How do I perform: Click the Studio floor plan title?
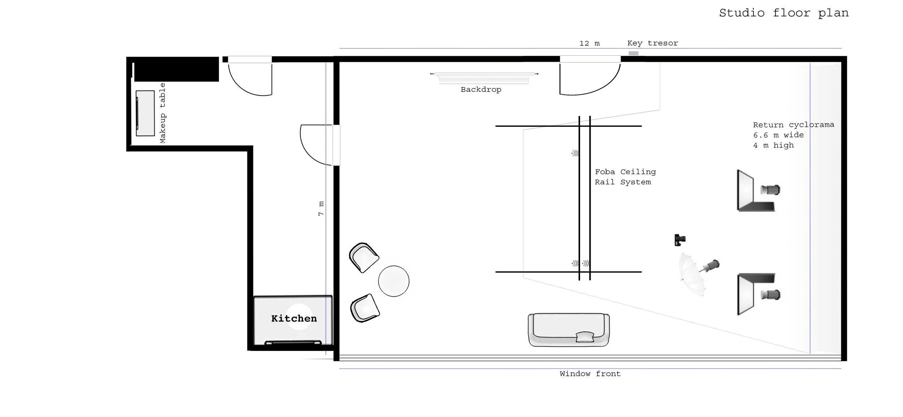click(x=784, y=13)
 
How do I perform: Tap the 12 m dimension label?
click(x=589, y=43)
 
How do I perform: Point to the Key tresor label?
click(x=653, y=43)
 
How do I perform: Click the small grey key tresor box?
click(x=634, y=53)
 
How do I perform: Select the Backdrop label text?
click(x=481, y=90)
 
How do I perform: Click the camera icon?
click(x=680, y=240)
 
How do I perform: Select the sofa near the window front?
click(x=569, y=330)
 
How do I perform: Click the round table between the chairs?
click(x=394, y=281)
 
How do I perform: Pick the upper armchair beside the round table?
click(x=364, y=257)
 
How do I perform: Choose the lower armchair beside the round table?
click(x=365, y=308)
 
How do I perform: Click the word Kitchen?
click(x=294, y=318)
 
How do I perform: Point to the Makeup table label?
click(x=163, y=113)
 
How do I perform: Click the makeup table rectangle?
click(x=145, y=113)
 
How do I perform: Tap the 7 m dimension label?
click(x=321, y=208)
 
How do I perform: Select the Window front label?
click(x=590, y=374)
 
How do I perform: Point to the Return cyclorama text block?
click(x=794, y=135)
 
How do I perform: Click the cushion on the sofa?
click(x=585, y=337)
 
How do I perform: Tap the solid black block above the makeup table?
click(x=176, y=69)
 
